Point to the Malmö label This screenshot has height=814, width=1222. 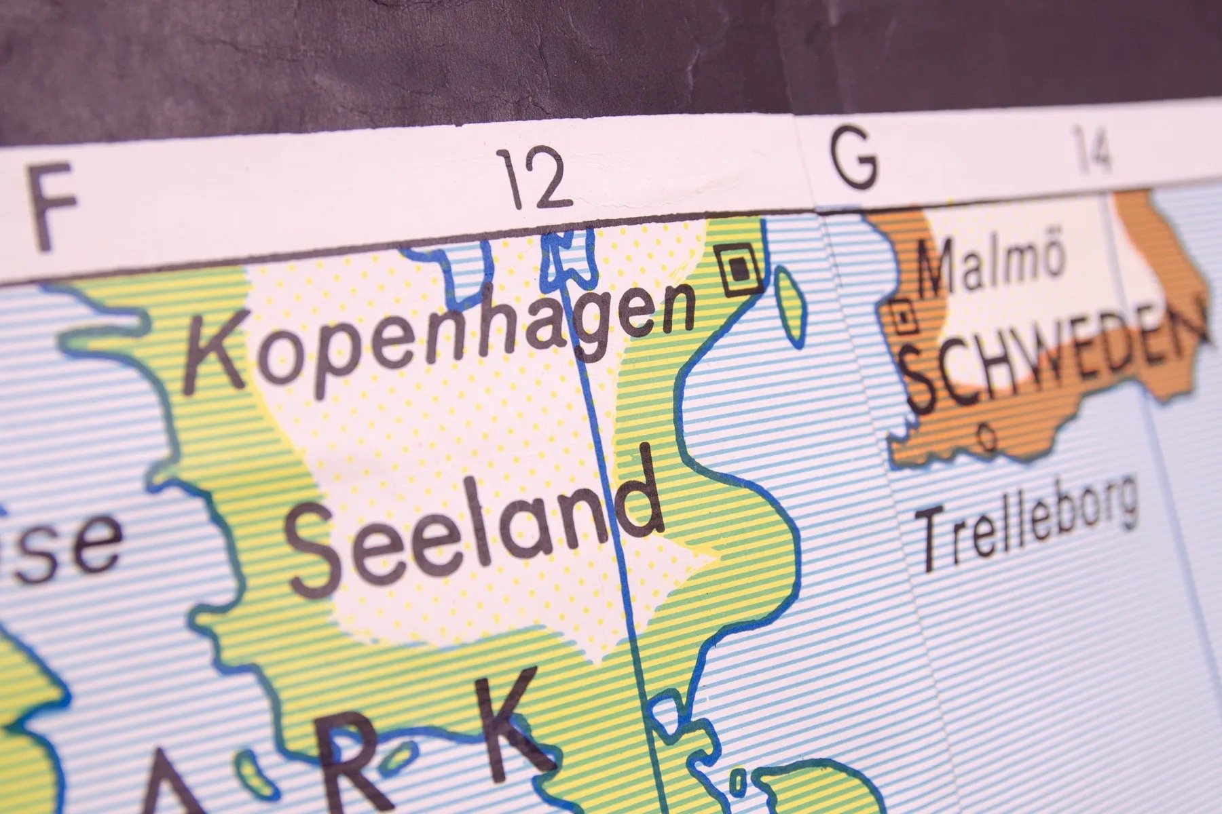tap(990, 265)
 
